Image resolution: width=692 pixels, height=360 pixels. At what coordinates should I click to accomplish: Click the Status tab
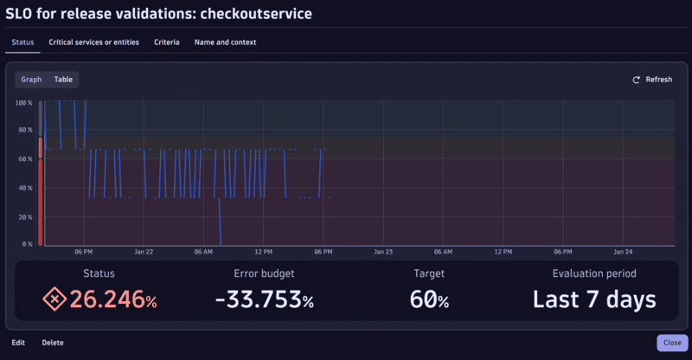[x=23, y=42]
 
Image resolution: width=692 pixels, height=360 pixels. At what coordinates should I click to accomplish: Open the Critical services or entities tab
[x=95, y=42]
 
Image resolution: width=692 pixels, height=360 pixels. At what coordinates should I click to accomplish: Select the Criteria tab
[x=167, y=42]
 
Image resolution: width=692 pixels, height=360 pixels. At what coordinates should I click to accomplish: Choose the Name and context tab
[x=225, y=42]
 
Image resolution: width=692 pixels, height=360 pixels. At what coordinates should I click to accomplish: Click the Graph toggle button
[x=31, y=80]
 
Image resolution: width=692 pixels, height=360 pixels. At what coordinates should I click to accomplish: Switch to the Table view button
[x=63, y=80]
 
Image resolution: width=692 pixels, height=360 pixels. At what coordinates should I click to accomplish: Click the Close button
[x=671, y=342]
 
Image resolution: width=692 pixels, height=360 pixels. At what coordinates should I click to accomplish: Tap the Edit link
[x=18, y=343]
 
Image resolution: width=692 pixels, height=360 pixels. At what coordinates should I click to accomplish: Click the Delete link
[x=53, y=343]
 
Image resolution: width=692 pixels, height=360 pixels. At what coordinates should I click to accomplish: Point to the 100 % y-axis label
[x=24, y=103]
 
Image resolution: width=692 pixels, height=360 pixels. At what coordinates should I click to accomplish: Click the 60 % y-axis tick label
[x=24, y=159]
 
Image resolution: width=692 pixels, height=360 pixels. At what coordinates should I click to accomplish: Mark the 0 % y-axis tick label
[x=26, y=244]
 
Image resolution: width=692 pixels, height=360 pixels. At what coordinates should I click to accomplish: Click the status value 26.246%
[x=113, y=300]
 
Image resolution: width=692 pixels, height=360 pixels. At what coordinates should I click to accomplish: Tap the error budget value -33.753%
[x=264, y=300]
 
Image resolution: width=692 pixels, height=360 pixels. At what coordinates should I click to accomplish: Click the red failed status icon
[x=54, y=299]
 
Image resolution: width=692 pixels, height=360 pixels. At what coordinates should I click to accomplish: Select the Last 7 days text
[x=593, y=300]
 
